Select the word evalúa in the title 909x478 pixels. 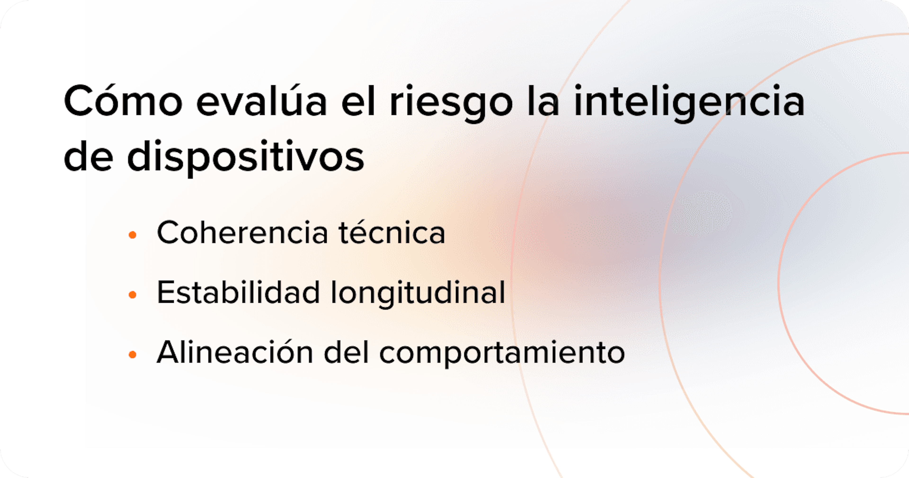click(x=261, y=102)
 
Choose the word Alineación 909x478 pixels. click(x=235, y=352)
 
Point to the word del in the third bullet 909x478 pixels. click(x=346, y=352)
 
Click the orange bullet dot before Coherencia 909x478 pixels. click(x=133, y=235)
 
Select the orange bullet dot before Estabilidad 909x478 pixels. click(x=133, y=294)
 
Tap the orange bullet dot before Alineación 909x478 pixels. click(x=133, y=354)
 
